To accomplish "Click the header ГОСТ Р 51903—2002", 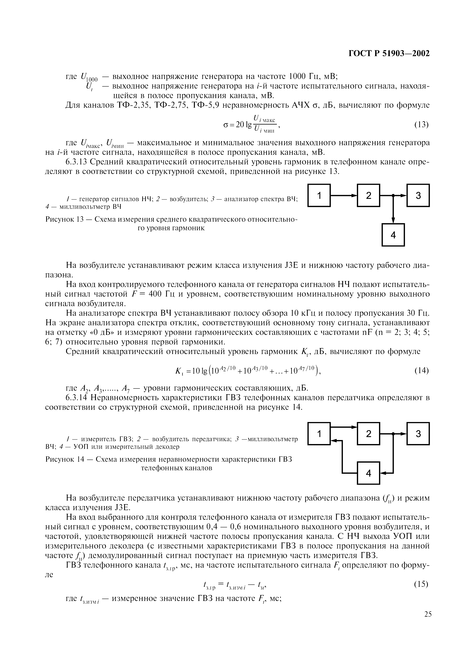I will click(389, 54).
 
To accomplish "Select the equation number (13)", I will click(421, 125).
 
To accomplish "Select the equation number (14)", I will click(421, 371).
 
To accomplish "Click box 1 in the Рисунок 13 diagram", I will click(319, 195).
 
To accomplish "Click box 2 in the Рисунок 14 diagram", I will click(368, 434).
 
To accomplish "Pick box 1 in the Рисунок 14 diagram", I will click(319, 434).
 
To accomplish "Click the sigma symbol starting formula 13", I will click(225, 125).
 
